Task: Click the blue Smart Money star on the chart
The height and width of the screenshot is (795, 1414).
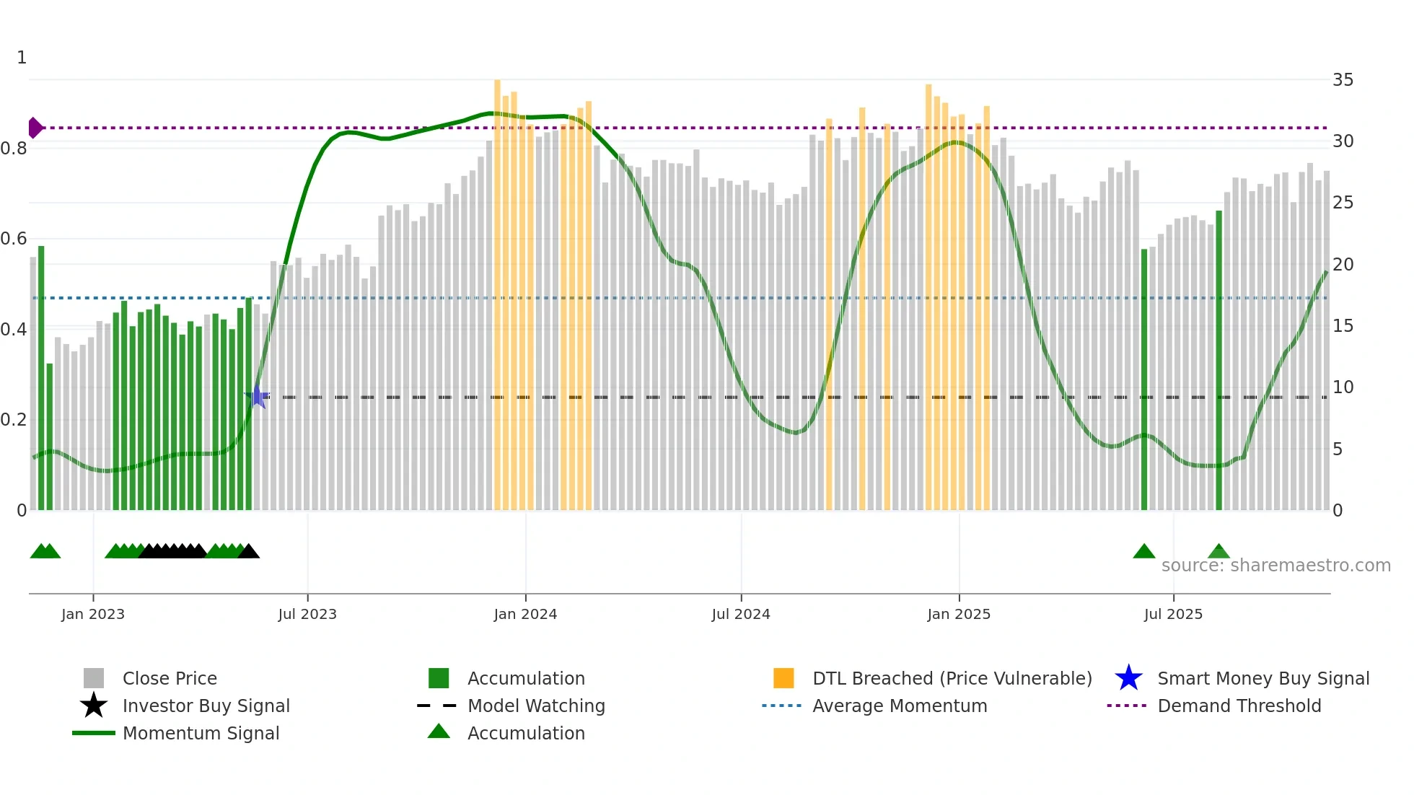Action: pos(258,397)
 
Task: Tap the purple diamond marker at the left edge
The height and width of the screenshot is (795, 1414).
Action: pos(35,128)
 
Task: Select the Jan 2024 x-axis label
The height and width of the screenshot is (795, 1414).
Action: pos(525,614)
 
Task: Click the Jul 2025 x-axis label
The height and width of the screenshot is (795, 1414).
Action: pos(1173,614)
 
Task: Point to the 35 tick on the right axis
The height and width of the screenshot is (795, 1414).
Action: pos(1343,80)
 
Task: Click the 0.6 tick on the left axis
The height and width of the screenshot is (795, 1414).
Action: pos(14,239)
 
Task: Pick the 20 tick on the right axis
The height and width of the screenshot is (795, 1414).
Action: pos(1343,265)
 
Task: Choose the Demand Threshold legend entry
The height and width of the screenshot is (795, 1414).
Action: pos(1239,706)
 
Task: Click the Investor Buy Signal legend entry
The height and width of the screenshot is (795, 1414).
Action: pos(206,706)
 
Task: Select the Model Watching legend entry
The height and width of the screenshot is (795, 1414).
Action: pos(536,706)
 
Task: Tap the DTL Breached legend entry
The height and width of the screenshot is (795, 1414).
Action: pos(952,678)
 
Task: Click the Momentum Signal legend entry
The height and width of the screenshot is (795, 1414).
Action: pos(201,733)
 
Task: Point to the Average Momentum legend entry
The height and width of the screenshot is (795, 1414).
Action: pos(899,706)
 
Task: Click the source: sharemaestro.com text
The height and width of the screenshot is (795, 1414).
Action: pos(1275,565)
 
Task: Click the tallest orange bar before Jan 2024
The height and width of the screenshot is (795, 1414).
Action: pos(497,289)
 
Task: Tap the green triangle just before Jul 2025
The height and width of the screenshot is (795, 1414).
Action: pos(1144,552)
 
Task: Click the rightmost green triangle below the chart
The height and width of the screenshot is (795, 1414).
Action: pos(1218,552)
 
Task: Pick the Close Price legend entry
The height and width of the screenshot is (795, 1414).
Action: pos(169,678)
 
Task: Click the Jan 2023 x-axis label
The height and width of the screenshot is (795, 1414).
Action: pos(93,614)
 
